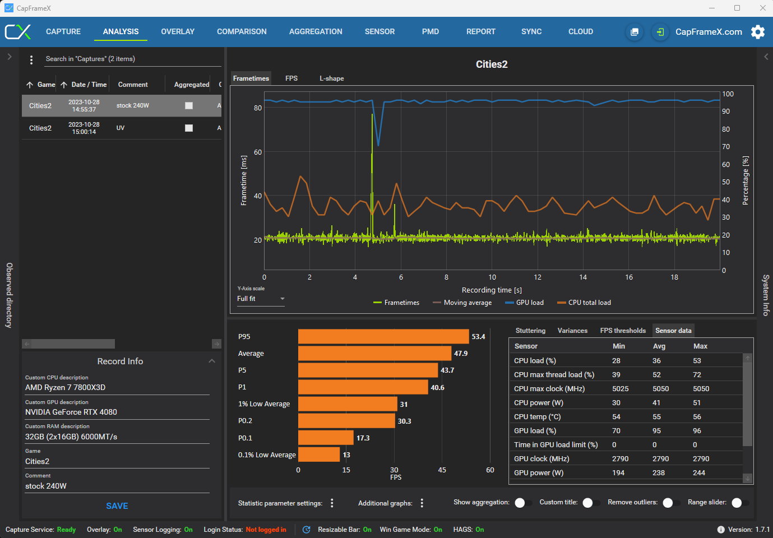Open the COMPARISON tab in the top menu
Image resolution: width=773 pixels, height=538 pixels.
[242, 31]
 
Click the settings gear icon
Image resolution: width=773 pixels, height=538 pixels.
[758, 32]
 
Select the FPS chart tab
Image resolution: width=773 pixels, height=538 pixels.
[291, 78]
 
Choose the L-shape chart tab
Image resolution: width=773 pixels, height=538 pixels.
[331, 78]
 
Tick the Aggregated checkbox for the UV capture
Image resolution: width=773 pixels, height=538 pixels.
[189, 128]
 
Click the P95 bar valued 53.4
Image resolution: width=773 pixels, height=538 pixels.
[383, 336]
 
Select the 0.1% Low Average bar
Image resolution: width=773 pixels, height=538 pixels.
[319, 454]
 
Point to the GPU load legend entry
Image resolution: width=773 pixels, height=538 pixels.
[524, 303]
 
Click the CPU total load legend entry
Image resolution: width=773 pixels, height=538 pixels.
[584, 303]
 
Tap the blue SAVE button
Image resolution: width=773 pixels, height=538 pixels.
[117, 506]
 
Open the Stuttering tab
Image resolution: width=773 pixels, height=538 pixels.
[530, 331]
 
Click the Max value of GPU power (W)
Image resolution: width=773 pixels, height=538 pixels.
[699, 473]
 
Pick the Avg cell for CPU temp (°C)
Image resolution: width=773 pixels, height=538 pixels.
[656, 417]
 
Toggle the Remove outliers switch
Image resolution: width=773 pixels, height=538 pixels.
[670, 503]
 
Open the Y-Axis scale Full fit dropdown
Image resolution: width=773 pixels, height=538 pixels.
[261, 299]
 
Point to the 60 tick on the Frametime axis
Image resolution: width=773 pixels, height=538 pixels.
[258, 152]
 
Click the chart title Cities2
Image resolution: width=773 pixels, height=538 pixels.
[492, 64]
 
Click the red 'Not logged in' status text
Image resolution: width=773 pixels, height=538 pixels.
[266, 530]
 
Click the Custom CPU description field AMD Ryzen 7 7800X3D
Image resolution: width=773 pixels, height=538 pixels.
[65, 388]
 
